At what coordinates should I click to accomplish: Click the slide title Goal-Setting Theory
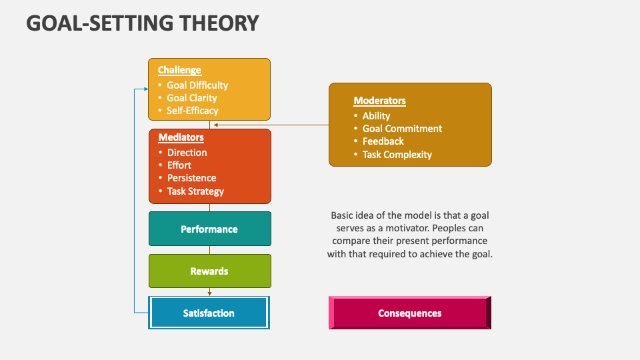point(143,23)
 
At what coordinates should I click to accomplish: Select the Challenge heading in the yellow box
point(179,70)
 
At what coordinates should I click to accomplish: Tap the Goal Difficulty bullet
point(197,85)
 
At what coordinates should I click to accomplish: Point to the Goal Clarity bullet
point(192,98)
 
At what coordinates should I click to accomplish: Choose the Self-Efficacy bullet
point(193,111)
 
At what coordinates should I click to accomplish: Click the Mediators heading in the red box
point(181,138)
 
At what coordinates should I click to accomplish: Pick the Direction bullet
point(187,153)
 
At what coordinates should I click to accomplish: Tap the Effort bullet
point(179,165)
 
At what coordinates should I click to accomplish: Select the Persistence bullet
point(191,178)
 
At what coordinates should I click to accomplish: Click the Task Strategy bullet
point(195,191)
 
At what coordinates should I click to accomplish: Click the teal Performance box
point(209,229)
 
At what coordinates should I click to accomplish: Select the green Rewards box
point(209,271)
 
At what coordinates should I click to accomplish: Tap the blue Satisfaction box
point(209,313)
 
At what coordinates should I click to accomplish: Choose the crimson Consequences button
point(409,313)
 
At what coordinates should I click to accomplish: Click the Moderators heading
point(379,101)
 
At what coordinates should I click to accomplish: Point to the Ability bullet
point(376,116)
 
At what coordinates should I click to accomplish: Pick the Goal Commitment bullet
point(402,129)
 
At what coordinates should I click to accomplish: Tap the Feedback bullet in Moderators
point(383,141)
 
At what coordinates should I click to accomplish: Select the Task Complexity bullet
point(397,155)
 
